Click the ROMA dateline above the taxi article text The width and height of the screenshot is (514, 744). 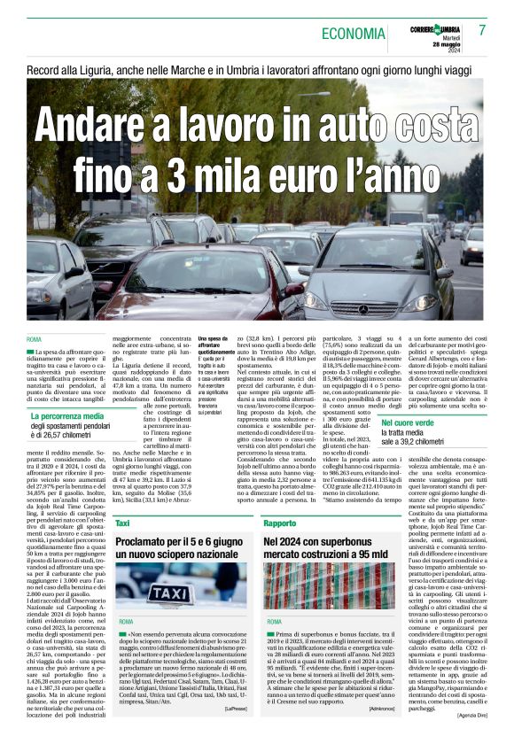[126, 622]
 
